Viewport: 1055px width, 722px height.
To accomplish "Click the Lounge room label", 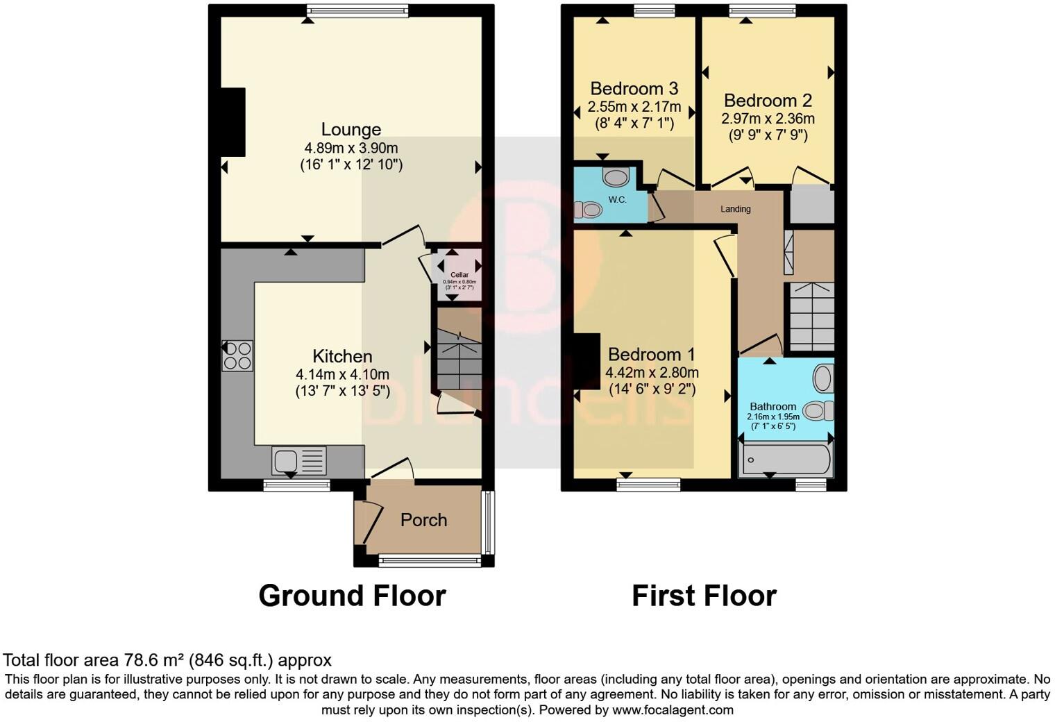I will pos(351,130).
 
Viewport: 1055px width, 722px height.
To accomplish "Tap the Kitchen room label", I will pos(342,356).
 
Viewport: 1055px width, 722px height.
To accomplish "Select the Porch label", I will pos(423,520).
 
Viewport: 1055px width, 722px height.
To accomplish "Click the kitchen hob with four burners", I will pos(237,355).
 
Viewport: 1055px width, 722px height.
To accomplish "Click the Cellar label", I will pos(459,275).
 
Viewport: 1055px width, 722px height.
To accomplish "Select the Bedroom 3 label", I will pos(634,89).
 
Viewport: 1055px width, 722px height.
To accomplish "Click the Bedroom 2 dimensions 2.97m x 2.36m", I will pos(768,119).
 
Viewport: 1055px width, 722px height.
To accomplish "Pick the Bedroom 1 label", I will pos(651,355).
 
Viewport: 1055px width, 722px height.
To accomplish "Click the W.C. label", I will pos(617,200).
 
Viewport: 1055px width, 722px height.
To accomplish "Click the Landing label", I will pos(735,209).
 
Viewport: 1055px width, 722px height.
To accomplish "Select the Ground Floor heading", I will pos(352,596).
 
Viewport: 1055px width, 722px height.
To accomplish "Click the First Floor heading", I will pos(704,596).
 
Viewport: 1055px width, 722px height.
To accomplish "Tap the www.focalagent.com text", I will pos(673,710).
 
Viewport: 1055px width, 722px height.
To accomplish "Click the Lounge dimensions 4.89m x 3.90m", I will pos(351,148).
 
